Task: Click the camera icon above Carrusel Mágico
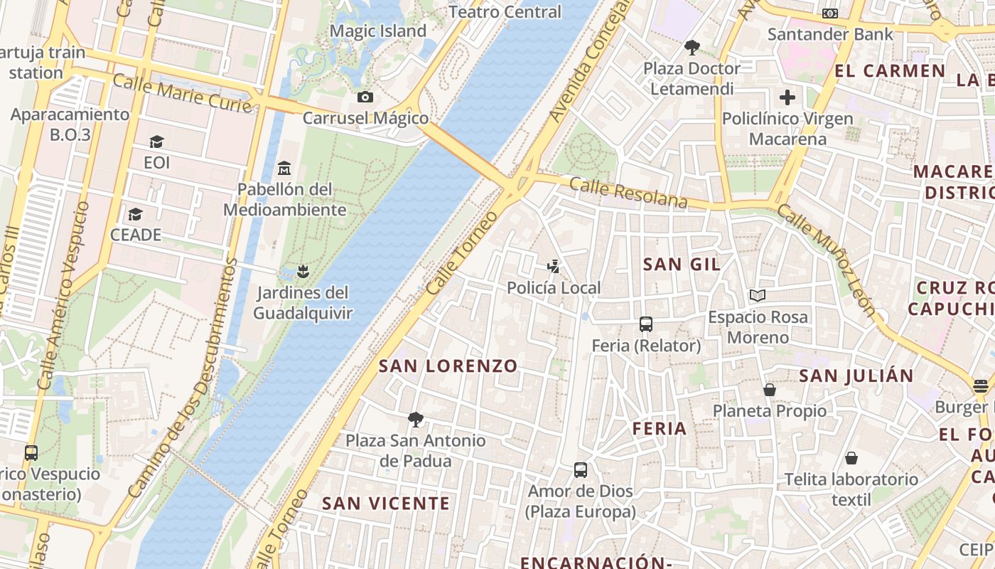coord(365,97)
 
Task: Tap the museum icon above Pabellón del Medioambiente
coord(285,168)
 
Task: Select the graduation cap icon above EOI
coord(156,142)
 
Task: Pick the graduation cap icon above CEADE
coord(135,214)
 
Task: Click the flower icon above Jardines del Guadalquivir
coord(303,271)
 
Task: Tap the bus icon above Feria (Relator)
coord(646,324)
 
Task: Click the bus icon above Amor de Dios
coord(581,470)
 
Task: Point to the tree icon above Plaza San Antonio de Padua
coord(416,419)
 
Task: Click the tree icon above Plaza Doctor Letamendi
coord(692,48)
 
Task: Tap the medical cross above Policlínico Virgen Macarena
coord(787,97)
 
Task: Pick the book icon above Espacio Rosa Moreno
coord(758,295)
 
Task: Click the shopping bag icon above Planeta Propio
coord(769,390)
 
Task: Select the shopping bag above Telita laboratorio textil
coord(851,458)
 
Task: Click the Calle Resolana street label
coord(628,193)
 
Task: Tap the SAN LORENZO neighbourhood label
coord(448,366)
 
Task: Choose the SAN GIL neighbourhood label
coord(682,265)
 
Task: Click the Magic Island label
coord(378,31)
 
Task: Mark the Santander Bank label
coord(831,34)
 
